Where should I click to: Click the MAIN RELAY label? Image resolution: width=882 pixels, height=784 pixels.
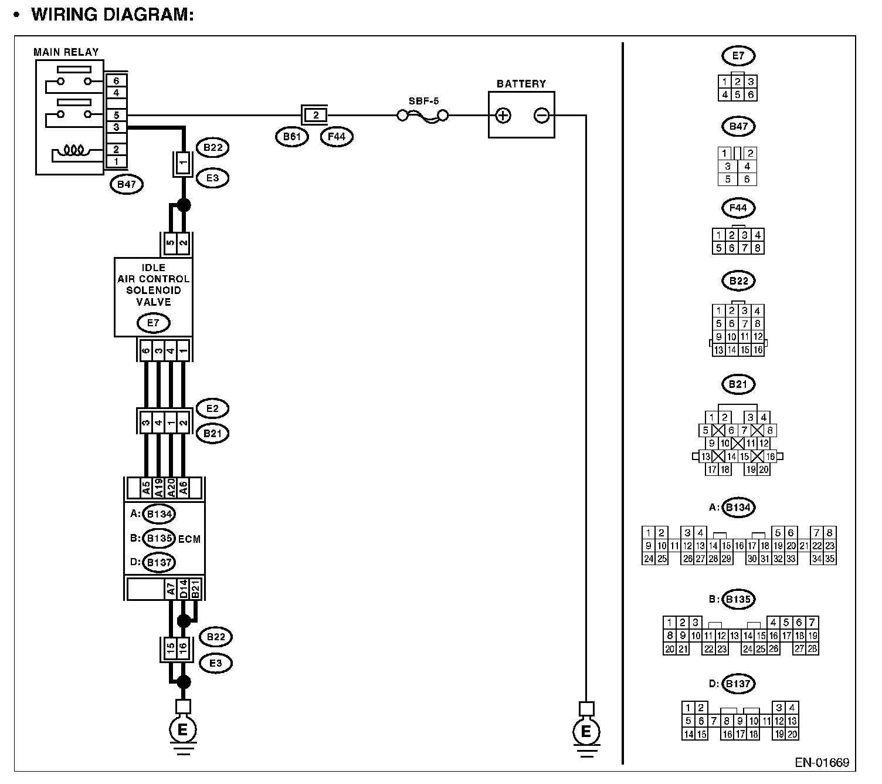(x=66, y=52)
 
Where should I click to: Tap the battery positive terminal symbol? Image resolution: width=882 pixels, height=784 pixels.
(x=503, y=116)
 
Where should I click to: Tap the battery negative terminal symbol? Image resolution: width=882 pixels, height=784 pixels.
(x=541, y=116)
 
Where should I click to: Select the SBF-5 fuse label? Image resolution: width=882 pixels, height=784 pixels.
(x=423, y=101)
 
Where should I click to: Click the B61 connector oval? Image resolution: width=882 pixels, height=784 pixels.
(x=291, y=137)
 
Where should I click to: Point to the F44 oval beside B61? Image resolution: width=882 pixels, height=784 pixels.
(x=337, y=137)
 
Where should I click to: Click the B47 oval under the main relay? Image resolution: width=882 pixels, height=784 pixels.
(x=126, y=184)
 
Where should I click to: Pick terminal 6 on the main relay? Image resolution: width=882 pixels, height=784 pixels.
(x=116, y=81)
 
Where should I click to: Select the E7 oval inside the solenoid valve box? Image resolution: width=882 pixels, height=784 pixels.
(x=153, y=323)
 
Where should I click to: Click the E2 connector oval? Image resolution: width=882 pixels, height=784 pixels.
(x=212, y=408)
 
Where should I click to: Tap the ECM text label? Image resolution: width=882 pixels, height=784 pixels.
(x=189, y=539)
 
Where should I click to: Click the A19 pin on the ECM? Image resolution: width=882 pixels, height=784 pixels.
(x=159, y=488)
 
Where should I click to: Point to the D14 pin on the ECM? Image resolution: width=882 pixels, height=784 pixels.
(x=184, y=589)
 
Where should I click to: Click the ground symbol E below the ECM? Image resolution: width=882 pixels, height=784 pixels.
(x=183, y=731)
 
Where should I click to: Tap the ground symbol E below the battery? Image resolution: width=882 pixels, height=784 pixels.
(x=586, y=732)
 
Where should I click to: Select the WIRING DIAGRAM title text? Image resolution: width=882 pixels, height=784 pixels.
(x=112, y=14)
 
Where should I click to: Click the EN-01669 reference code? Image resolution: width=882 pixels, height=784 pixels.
(x=822, y=762)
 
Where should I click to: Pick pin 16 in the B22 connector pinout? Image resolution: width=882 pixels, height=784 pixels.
(x=758, y=350)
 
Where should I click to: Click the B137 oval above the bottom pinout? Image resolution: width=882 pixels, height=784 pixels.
(x=738, y=684)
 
